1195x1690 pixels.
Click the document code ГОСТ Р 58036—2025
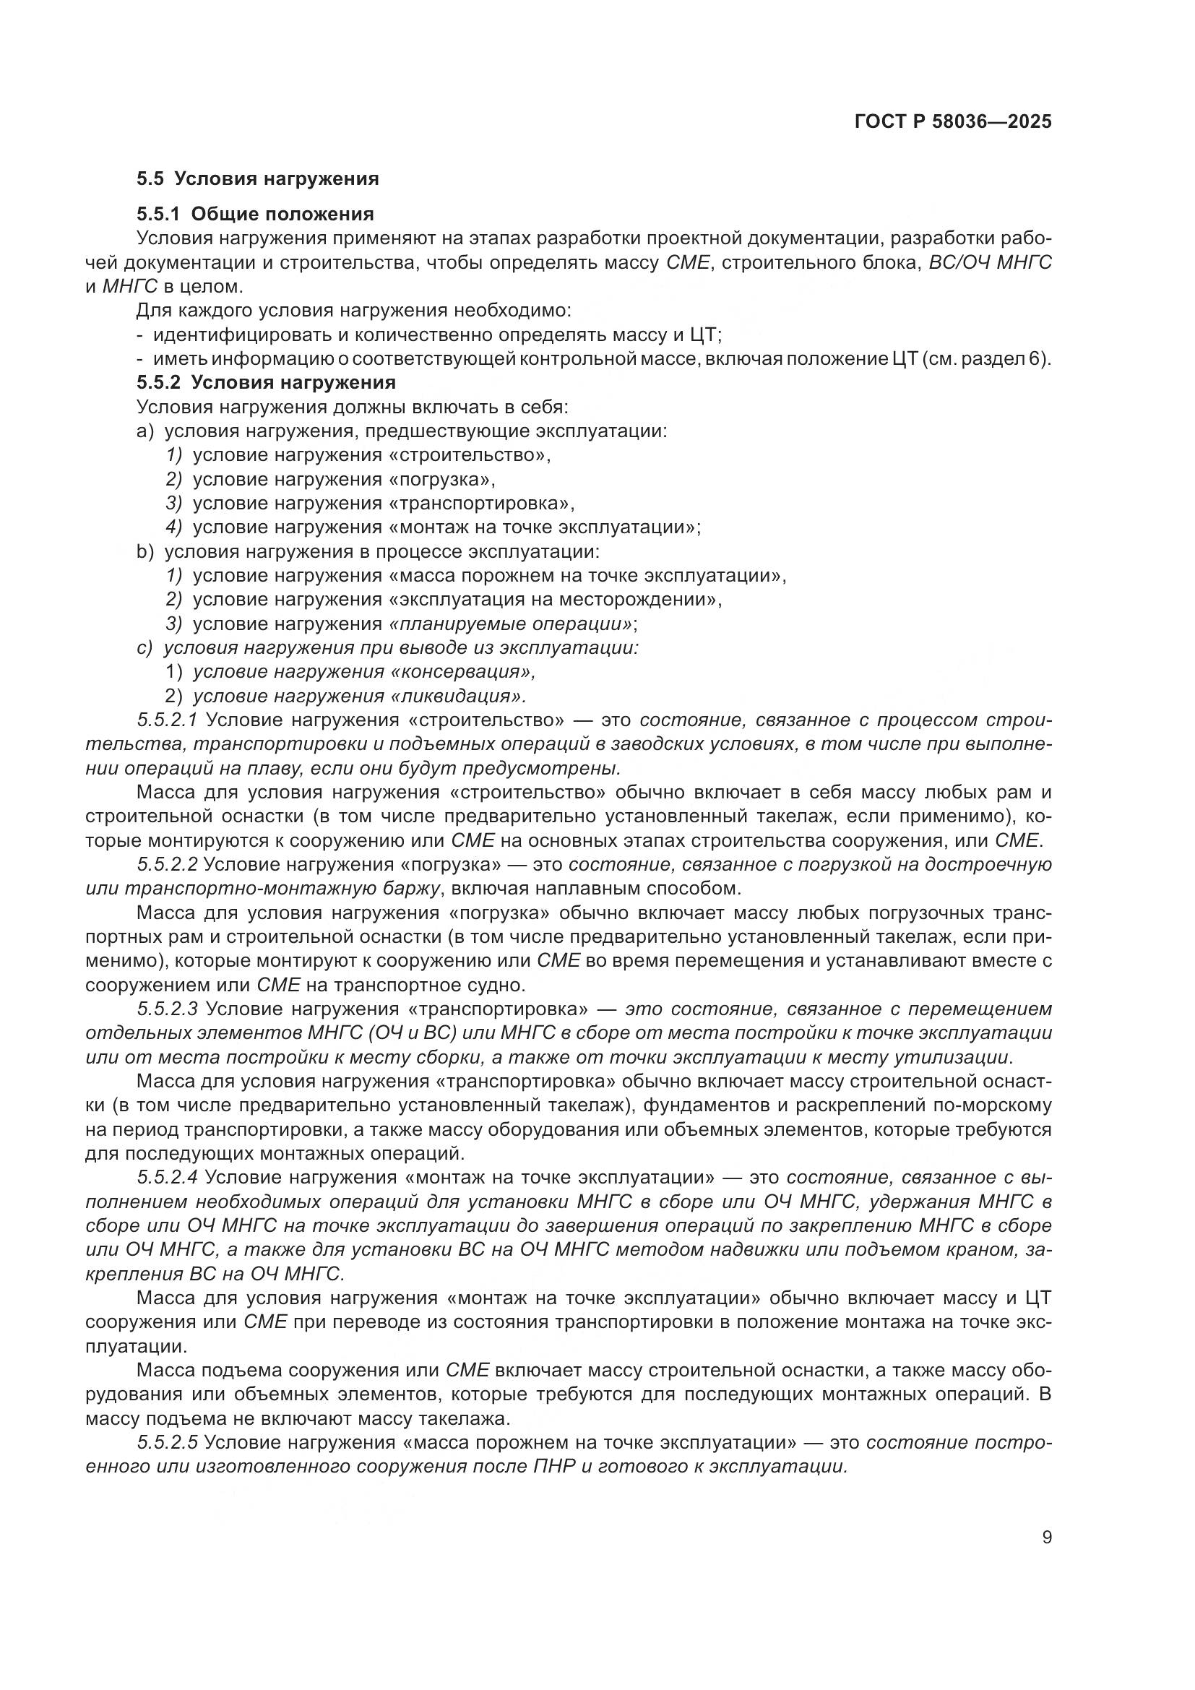tap(953, 122)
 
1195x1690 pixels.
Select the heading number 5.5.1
tap(158, 214)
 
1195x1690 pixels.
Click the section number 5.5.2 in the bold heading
tap(158, 383)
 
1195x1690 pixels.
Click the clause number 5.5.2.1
tap(167, 720)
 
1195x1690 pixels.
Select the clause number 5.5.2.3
tap(167, 1009)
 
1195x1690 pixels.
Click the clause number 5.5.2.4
tap(167, 1177)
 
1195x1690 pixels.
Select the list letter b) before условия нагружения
tap(144, 551)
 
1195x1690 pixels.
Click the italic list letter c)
tap(144, 647)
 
